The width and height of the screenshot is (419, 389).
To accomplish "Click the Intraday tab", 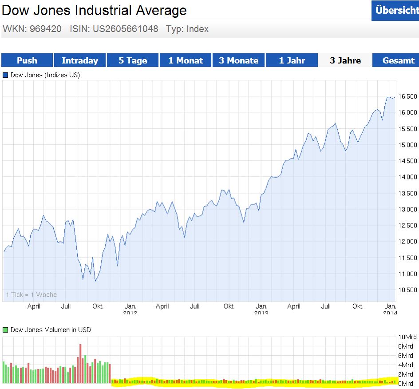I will (80, 60).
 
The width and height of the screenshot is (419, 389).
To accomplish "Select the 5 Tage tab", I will (133, 60).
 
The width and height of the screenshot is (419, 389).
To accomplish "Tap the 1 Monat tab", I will (186, 60).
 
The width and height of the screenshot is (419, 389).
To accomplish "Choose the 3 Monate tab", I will (238, 60).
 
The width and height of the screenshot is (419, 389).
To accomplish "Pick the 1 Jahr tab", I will (292, 60).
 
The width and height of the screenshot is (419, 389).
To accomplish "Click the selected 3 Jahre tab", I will (345, 60).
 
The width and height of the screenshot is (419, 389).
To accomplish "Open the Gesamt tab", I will (398, 60).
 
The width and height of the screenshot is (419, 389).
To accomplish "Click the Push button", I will (27, 60).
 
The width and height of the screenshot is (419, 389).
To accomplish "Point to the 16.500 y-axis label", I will (407, 96).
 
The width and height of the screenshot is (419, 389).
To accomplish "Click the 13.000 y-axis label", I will (407, 209).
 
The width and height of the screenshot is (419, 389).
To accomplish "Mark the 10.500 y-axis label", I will (407, 290).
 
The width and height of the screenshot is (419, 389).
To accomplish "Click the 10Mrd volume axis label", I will (406, 336).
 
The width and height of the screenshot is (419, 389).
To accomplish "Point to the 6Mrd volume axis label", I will (406, 355).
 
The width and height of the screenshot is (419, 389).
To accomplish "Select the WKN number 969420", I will (46, 29).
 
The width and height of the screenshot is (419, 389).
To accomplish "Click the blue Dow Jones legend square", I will (5, 75).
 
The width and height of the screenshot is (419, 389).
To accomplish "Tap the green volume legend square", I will (5, 330).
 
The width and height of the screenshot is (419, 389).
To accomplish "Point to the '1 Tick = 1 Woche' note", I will (31, 295).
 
